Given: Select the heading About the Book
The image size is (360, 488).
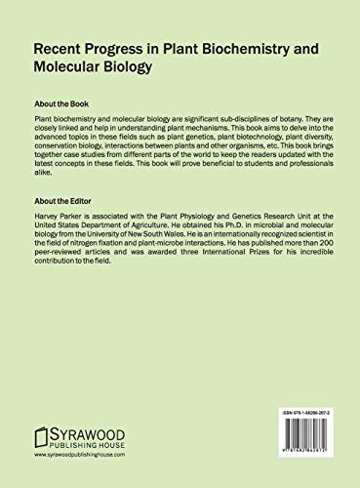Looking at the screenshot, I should click(68, 102).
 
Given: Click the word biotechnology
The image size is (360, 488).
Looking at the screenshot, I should click(215, 139).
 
